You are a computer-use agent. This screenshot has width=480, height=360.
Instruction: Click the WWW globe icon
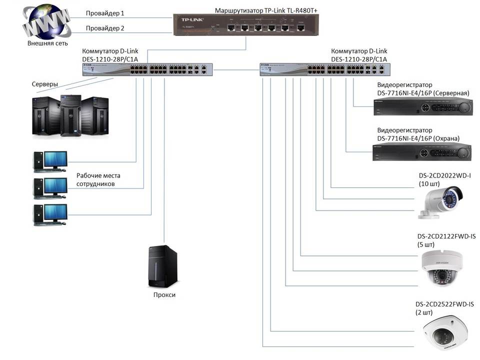pos(47,21)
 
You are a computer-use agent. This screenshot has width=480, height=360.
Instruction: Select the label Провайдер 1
pos(105,13)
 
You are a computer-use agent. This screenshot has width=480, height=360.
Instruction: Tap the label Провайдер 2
pos(105,28)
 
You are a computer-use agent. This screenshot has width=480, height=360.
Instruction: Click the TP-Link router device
pos(246,24)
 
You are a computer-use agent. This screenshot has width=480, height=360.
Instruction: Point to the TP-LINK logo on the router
pos(192,19)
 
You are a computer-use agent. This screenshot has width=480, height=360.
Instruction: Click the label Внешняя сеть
pos(47,43)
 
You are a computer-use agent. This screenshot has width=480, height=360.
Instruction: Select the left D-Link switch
pos(147,69)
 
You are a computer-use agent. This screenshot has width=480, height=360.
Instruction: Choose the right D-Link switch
pos(325,69)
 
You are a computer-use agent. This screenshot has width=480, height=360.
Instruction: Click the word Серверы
pos(44,84)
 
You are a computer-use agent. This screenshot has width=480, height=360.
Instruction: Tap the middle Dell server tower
pos(71,115)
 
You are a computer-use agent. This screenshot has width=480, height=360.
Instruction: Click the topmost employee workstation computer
pos(50,161)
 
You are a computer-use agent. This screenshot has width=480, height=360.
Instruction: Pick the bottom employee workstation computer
pos(50,215)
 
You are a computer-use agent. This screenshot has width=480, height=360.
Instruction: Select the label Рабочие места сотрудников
pos(98,179)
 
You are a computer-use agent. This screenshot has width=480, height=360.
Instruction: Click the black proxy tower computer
pos(163,266)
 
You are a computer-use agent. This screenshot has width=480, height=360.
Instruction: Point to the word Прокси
pos(164,295)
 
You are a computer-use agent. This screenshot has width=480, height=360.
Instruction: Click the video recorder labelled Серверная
pos(423,107)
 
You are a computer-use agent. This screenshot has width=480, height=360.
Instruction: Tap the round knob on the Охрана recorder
pos(463,152)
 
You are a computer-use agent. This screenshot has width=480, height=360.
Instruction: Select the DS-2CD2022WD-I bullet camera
pos(440,202)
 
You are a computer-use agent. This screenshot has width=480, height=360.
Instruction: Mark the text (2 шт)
pos(424,312)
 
